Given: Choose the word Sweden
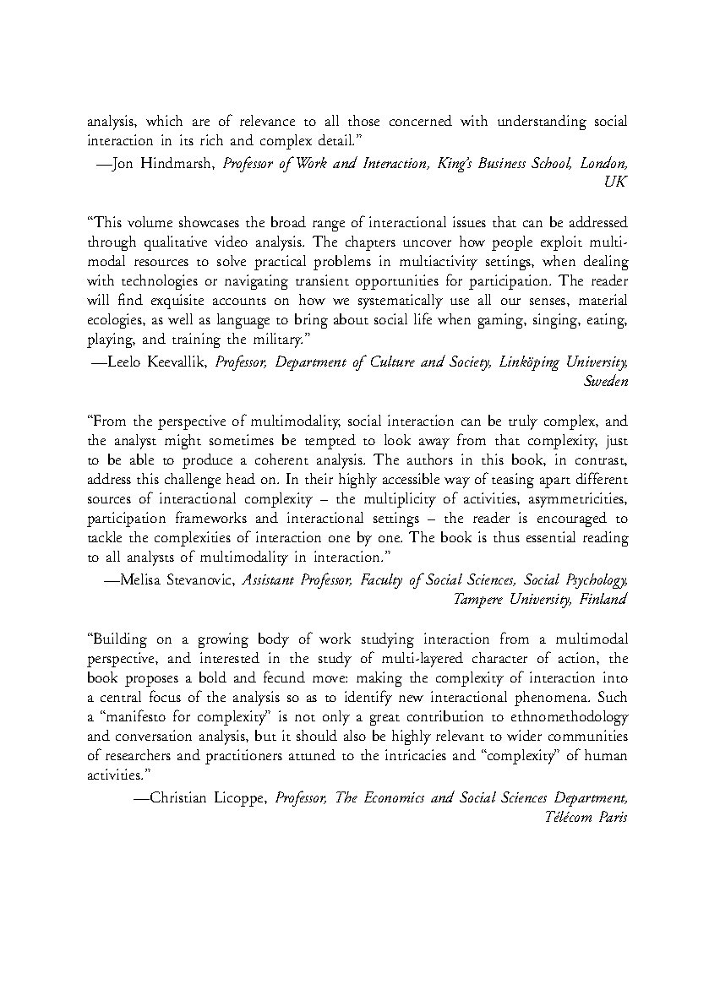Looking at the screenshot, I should (605, 381).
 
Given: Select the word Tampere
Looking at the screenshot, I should (479, 600).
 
